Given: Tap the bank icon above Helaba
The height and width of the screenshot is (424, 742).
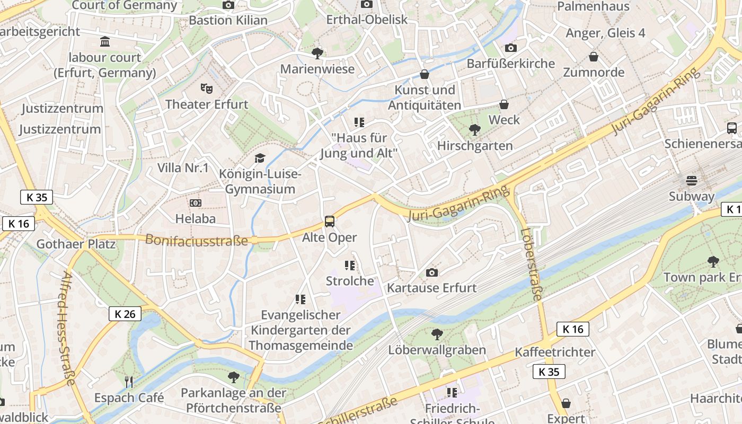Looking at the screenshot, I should point(196,203).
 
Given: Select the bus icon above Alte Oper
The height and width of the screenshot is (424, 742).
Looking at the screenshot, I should point(330,222).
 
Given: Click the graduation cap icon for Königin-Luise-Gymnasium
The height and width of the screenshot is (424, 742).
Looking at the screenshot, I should point(259,158).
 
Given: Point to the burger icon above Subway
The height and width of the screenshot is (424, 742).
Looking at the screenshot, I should point(692,181).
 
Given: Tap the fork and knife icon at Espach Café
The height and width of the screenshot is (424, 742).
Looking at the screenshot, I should point(128,382).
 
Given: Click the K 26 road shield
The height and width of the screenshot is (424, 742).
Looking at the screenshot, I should point(125,314).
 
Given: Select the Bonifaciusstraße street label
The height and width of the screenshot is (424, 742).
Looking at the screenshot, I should point(197,240).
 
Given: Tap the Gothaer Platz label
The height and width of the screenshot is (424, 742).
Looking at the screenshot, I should point(76,244).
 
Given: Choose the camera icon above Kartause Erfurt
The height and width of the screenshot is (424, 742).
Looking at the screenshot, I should point(432,272).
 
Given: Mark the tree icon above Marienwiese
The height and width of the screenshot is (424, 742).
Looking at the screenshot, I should point(317,53).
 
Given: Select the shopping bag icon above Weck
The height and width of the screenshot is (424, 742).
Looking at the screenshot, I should point(504,104).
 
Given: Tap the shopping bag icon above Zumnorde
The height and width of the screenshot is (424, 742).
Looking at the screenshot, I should point(594,57).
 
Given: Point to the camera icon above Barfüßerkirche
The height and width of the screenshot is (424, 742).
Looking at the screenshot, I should point(510,48).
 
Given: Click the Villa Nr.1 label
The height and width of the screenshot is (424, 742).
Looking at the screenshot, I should point(183,168).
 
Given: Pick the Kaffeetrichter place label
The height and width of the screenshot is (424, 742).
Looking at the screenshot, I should point(555,352).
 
